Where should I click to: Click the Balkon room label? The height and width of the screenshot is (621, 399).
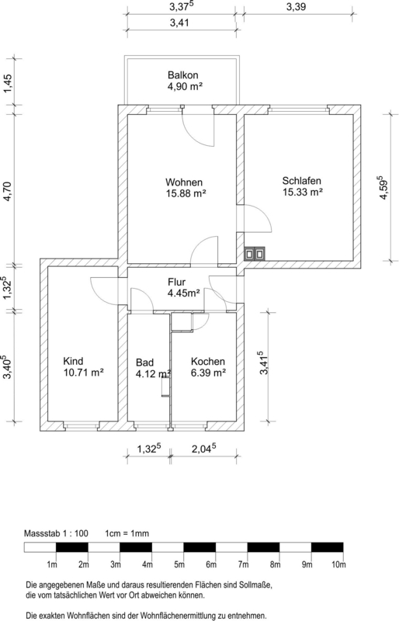point(182,75)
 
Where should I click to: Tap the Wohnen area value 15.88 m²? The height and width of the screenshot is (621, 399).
point(186,193)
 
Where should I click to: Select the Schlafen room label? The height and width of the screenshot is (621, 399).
point(301,181)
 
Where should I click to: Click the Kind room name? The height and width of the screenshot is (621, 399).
point(73,361)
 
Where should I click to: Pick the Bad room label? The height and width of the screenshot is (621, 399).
point(144,363)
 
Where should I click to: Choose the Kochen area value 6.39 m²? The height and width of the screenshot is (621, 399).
point(208,373)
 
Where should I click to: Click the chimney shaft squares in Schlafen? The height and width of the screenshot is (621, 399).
point(254,254)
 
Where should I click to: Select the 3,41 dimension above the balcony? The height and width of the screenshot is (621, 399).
point(179,23)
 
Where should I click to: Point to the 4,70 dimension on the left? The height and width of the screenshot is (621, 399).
point(8,191)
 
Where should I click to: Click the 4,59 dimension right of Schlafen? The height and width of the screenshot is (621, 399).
point(382,188)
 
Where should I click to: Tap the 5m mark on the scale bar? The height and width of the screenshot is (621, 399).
point(179,565)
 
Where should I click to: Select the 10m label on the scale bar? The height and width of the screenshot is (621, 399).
point(338,565)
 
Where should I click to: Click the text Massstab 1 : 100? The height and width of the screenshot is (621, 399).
point(56,533)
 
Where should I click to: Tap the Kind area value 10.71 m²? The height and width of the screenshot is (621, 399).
point(84,373)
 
